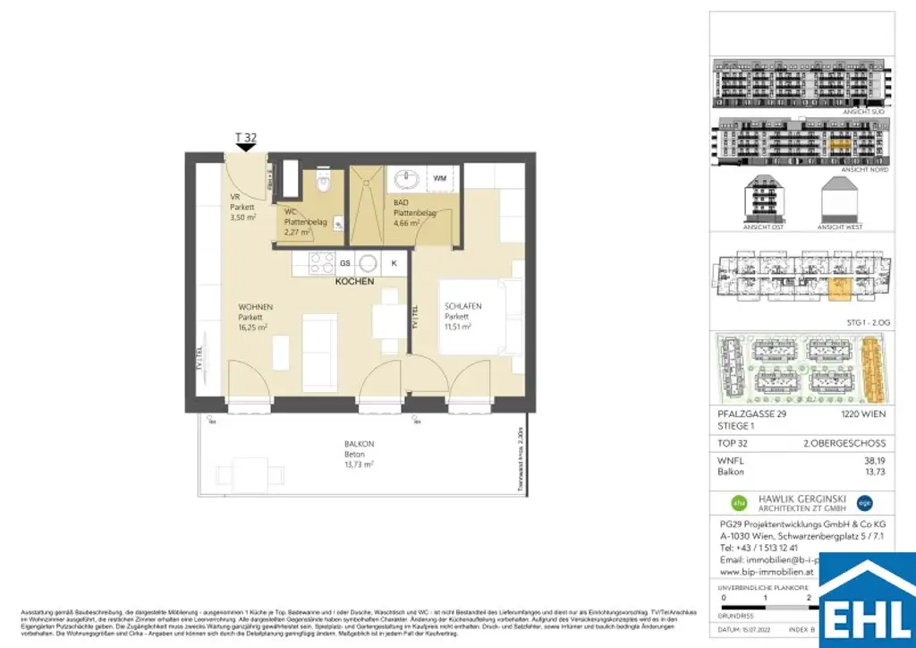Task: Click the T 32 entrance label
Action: (245, 137)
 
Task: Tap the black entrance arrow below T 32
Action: (245, 148)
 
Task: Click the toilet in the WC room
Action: (325, 182)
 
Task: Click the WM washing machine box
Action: (440, 179)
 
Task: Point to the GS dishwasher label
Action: (345, 263)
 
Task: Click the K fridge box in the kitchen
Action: (394, 263)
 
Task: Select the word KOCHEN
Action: (354, 281)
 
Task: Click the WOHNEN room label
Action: (256, 307)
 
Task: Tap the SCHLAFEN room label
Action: (462, 306)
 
